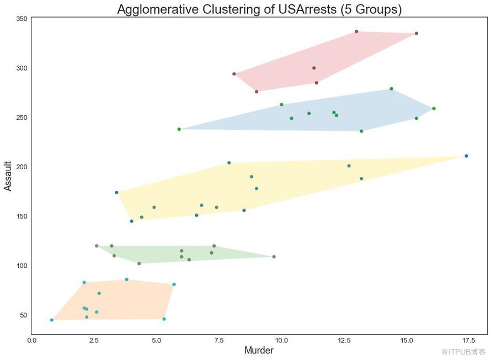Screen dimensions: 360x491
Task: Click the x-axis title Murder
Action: pos(259,351)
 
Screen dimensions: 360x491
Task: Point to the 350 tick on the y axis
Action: pos(22,19)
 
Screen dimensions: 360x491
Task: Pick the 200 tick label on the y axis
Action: pos(22,167)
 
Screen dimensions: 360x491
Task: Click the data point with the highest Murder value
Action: pos(466,156)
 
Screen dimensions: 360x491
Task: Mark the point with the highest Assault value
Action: pos(356,31)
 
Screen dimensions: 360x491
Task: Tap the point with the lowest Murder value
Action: pos(52,320)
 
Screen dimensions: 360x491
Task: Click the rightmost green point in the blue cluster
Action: pos(434,109)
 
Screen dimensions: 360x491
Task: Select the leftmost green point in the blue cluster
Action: pos(179,129)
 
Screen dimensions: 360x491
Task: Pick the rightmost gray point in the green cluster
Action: pos(274,257)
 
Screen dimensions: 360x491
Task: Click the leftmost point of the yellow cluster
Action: pos(116,192)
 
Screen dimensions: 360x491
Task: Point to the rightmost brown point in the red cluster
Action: pos(416,34)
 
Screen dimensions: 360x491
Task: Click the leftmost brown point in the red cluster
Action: pos(234,74)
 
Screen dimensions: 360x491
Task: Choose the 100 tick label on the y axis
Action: pos(22,266)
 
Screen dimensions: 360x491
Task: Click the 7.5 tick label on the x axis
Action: pos(219,340)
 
